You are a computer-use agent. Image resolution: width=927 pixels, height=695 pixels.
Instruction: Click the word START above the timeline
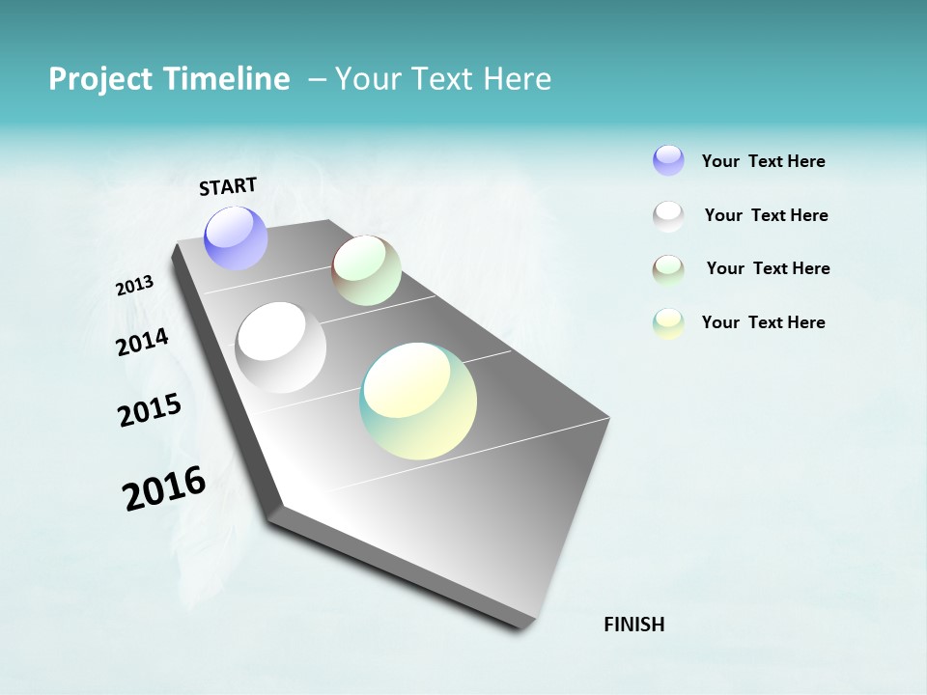(228, 186)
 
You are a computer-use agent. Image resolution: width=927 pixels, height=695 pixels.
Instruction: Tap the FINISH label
(633, 625)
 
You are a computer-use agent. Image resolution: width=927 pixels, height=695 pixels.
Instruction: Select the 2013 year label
(135, 286)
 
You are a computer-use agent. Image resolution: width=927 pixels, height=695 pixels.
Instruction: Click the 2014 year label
(143, 342)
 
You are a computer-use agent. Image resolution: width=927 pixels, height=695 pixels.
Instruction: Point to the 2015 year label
(150, 410)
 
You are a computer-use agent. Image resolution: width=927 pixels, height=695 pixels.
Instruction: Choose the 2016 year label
(164, 488)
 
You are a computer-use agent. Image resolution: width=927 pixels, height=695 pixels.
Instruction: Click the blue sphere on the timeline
(237, 237)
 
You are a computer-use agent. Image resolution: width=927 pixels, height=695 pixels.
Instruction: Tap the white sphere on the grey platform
(280, 347)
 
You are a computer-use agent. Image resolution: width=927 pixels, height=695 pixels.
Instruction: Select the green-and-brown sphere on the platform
(366, 270)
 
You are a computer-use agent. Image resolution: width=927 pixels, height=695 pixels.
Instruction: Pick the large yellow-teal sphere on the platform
(418, 401)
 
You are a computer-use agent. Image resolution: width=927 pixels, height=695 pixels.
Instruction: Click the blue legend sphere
(668, 160)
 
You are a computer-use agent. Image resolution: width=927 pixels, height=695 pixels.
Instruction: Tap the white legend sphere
(668, 215)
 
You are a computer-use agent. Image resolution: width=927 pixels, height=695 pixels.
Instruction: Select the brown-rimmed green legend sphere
(668, 269)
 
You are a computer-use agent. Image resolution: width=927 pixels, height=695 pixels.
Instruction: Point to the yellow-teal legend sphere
(668, 323)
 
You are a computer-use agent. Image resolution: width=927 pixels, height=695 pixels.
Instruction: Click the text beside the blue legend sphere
(763, 161)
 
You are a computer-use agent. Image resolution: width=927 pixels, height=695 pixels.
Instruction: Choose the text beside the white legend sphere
(766, 215)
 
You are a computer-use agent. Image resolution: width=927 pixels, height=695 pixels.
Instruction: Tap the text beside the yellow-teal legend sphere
(763, 322)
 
